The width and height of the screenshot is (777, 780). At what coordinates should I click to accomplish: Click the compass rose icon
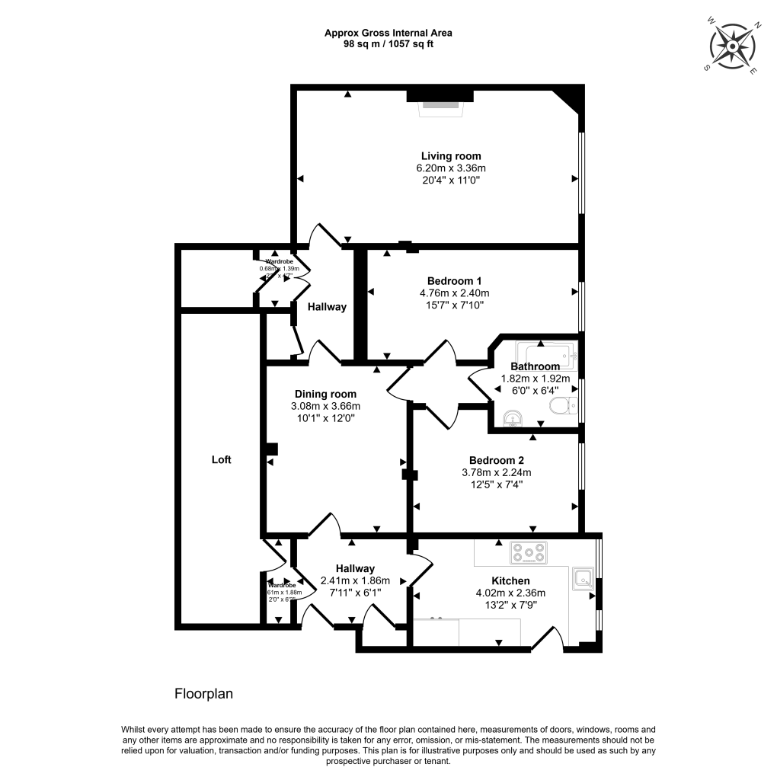tap(731, 46)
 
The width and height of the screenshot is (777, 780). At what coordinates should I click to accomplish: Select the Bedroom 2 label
tap(496, 460)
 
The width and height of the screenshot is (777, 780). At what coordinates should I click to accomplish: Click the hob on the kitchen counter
tap(528, 553)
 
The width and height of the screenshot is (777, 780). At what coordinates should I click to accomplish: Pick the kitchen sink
tap(584, 577)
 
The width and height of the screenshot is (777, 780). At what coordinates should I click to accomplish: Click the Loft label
tap(221, 460)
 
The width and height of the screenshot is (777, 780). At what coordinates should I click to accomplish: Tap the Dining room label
tap(325, 394)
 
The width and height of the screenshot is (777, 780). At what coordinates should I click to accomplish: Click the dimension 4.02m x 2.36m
tap(510, 593)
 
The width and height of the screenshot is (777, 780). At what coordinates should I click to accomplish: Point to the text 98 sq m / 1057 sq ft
tap(388, 44)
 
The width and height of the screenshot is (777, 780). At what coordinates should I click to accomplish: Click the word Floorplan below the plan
tap(203, 694)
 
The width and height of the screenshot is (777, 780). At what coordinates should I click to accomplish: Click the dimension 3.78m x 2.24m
tap(497, 472)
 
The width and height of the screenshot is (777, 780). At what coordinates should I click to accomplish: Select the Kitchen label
tap(510, 580)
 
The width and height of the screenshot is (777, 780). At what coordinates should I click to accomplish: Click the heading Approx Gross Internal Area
tap(388, 33)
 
